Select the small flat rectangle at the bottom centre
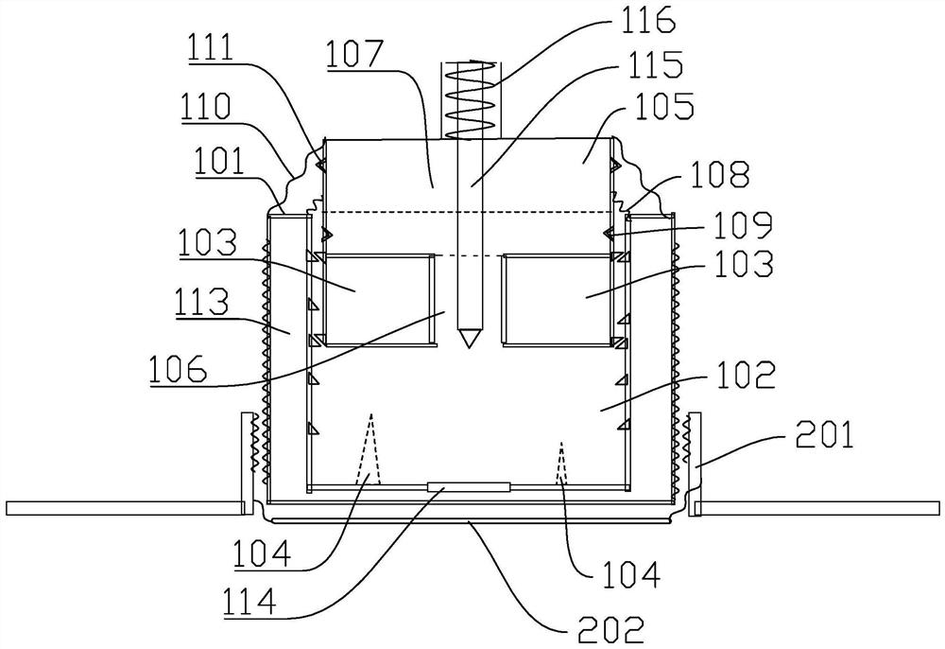(x=469, y=487)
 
